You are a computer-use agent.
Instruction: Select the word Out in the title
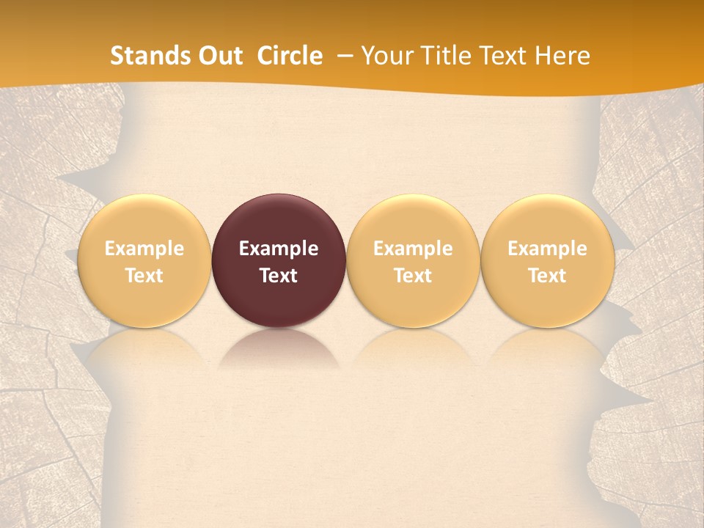(x=218, y=56)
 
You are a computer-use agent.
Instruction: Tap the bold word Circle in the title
(x=290, y=56)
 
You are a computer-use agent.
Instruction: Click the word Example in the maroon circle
(x=279, y=249)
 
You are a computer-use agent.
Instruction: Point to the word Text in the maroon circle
(x=279, y=276)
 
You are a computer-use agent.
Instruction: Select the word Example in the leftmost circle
(x=144, y=249)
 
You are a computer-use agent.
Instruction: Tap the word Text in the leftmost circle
(x=144, y=276)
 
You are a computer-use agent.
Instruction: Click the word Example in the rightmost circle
(x=547, y=249)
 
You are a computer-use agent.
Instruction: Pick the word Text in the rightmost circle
(x=547, y=276)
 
